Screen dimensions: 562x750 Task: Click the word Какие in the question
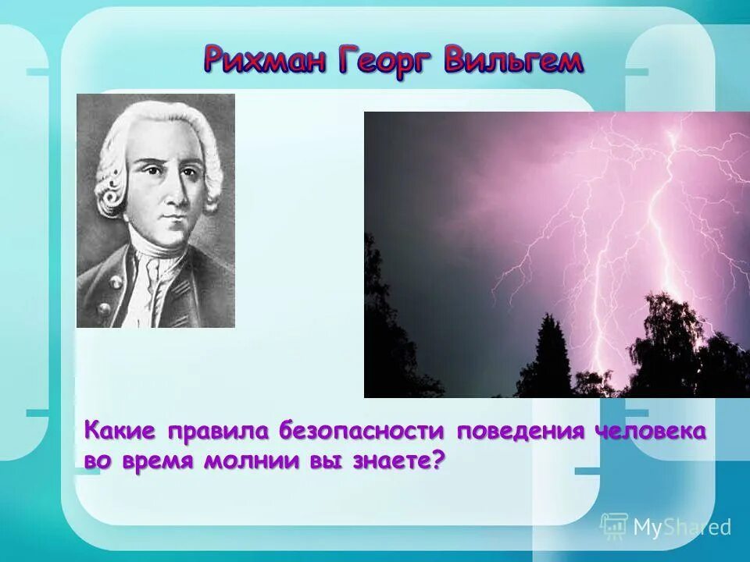(120, 431)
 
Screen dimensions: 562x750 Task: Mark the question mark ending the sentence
(438, 459)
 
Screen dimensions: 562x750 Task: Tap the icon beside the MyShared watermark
(614, 525)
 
